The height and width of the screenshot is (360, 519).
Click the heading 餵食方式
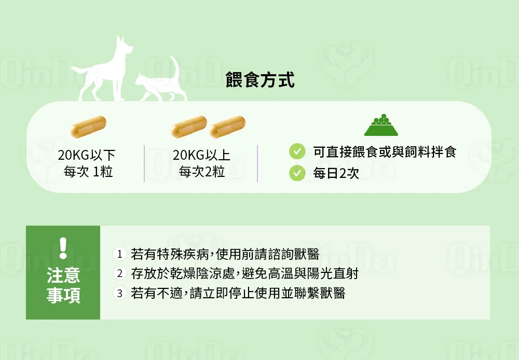260,80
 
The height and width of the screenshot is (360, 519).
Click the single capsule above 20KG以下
88,127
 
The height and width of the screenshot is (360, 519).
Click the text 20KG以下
86,155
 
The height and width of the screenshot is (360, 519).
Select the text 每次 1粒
88,172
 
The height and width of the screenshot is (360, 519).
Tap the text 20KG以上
201,155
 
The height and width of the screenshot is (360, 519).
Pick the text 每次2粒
201,172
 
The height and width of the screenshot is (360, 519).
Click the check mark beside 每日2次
297,173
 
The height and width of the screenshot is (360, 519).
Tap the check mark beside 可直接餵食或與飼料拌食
297,151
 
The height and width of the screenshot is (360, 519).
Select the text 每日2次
336,173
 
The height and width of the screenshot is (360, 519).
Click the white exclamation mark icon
63,248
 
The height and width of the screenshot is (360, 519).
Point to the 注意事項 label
63,285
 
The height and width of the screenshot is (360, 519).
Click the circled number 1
120,254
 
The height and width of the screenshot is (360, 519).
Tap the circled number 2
120,273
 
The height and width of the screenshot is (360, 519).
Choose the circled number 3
120,293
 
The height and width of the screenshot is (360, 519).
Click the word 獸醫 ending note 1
307,254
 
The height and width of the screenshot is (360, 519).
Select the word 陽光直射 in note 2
333,274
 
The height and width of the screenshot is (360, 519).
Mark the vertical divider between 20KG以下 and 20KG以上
144,163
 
